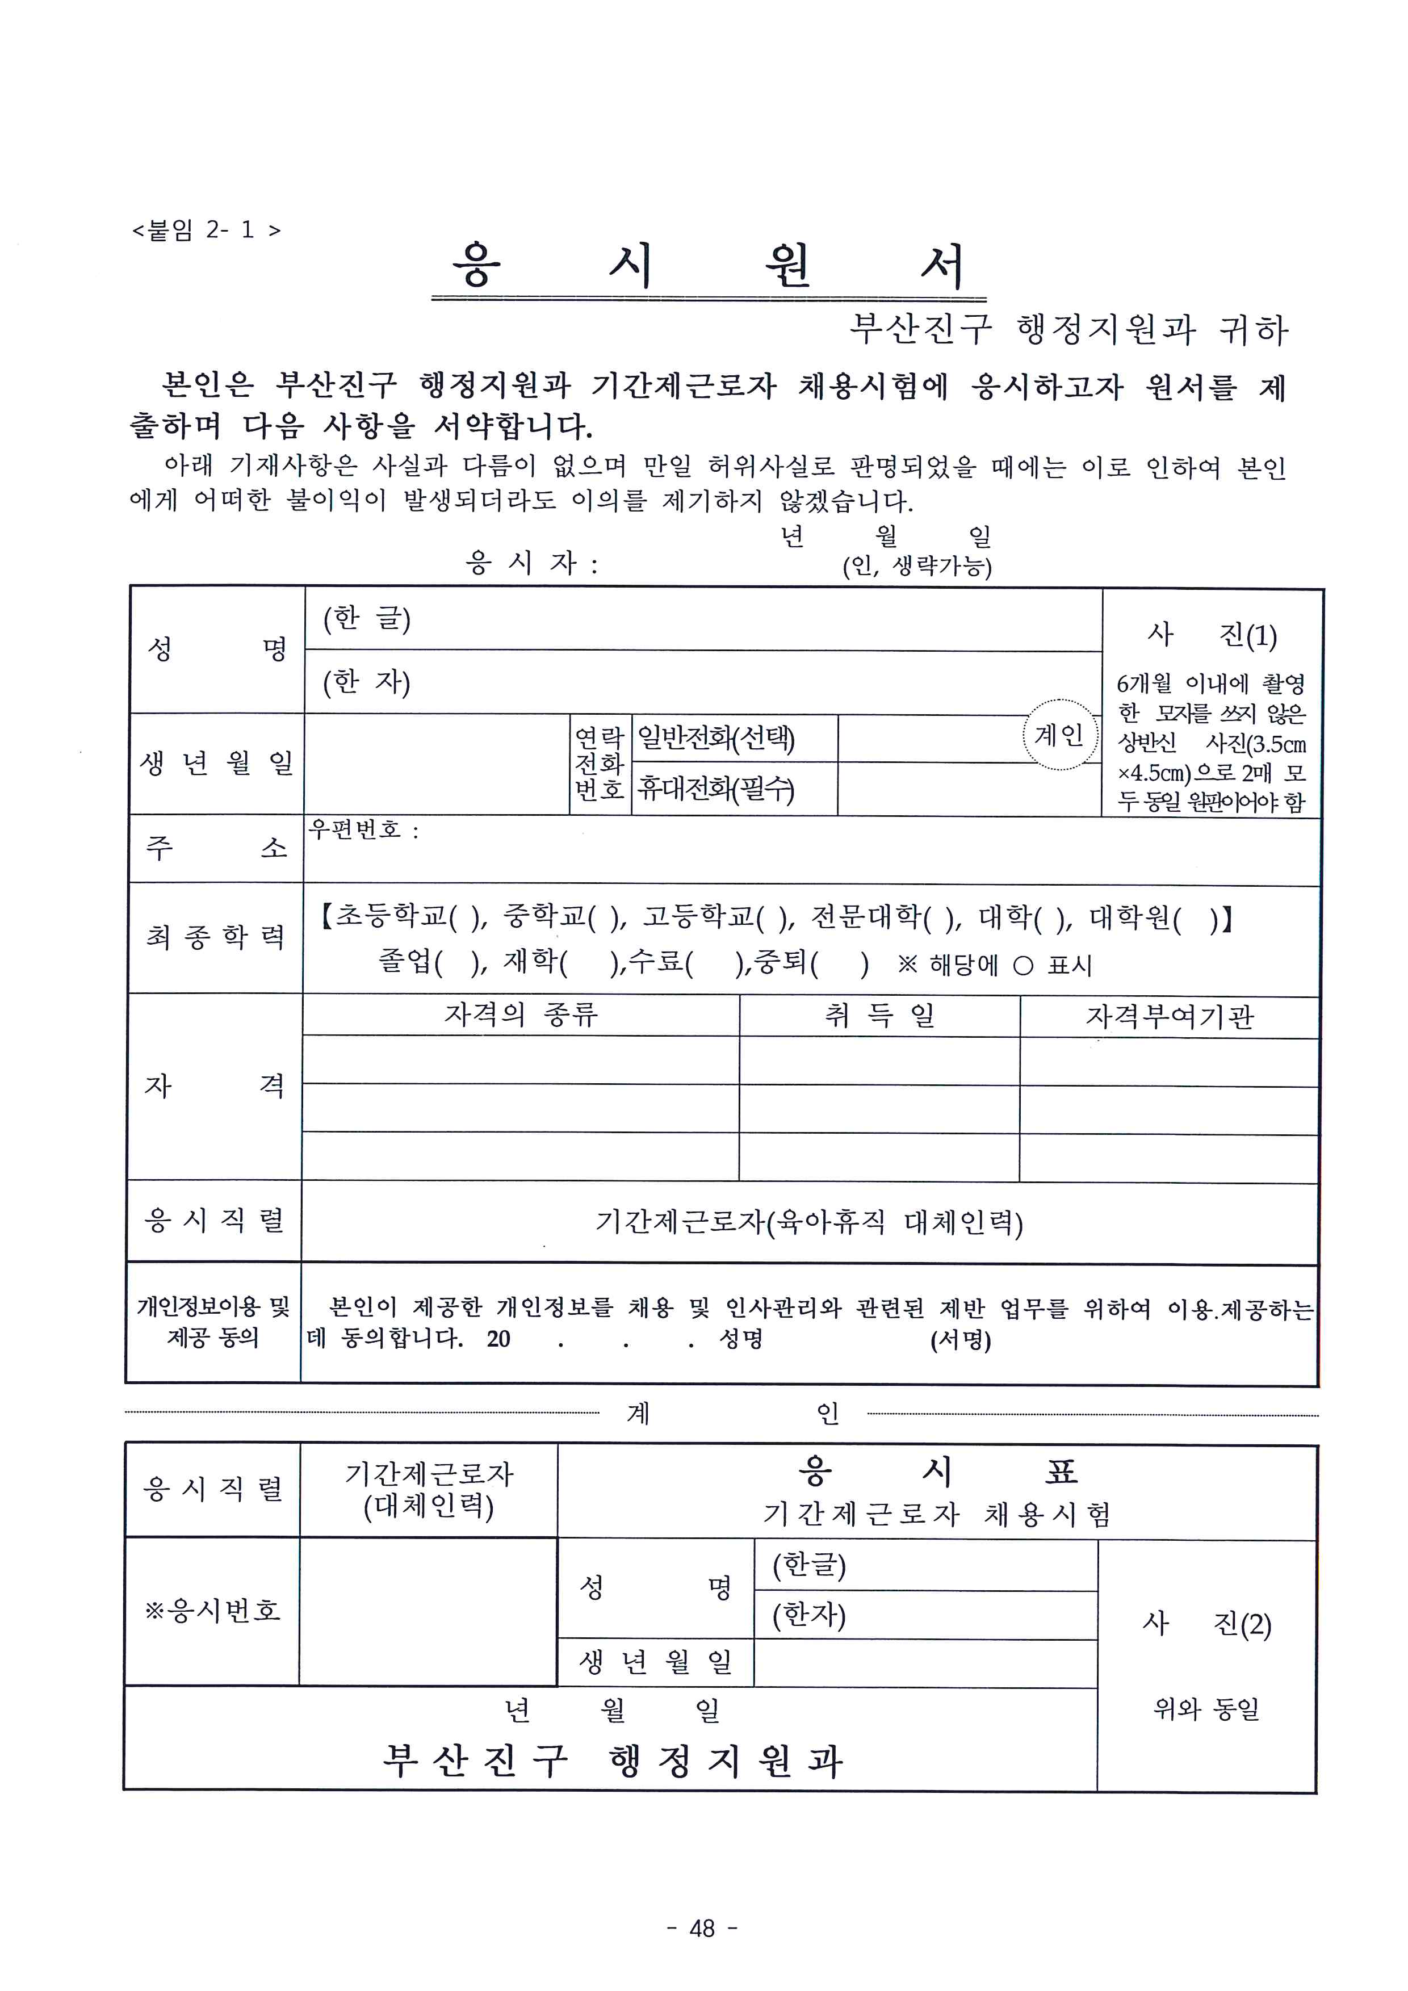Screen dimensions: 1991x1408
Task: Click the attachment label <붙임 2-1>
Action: [x=206, y=230]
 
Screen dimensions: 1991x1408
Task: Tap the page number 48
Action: [x=702, y=1927]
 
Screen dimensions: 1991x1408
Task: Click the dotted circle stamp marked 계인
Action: [x=1059, y=735]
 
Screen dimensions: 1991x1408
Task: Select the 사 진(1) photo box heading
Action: [x=1211, y=635]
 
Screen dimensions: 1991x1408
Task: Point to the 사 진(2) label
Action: [x=1207, y=1623]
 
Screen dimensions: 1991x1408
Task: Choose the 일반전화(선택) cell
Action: [x=716, y=738]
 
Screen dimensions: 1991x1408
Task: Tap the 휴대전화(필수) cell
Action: [x=716, y=788]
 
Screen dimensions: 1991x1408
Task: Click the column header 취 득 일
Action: [x=879, y=1015]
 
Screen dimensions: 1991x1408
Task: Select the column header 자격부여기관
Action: [x=1170, y=1016]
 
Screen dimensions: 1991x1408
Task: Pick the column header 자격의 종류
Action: [x=521, y=1015]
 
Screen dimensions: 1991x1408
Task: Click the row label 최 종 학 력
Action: [x=215, y=937]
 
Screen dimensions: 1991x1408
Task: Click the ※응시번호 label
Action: [x=212, y=1610]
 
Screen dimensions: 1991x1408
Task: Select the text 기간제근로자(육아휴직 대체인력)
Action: [x=809, y=1222]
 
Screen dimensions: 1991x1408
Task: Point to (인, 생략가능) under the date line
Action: [x=917, y=566]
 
